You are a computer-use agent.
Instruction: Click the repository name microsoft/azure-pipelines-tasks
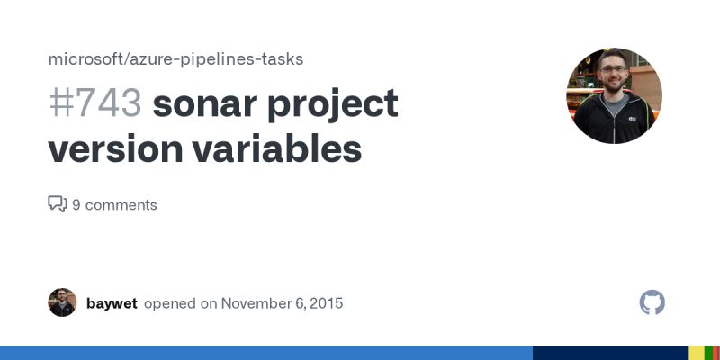pos(175,59)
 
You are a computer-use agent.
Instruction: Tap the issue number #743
pos(94,104)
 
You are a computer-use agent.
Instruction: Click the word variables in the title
pos(276,149)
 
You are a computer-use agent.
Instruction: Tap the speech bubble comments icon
pos(58,204)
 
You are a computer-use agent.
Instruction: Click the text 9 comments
pos(114,205)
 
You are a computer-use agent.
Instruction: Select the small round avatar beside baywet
pos(62,302)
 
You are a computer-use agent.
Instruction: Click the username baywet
pos(112,303)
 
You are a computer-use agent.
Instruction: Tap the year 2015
pos(325,303)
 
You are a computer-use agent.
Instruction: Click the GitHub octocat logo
pos(652,302)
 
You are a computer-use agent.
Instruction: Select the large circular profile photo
pos(614,96)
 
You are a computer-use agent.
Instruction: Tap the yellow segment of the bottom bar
pos(696,353)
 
